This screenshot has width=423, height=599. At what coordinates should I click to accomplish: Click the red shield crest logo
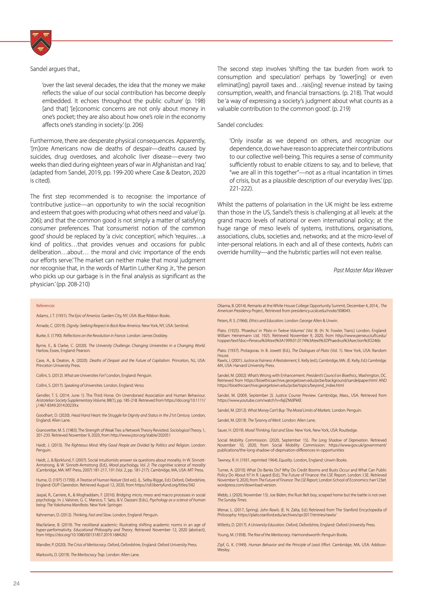[x=41, y=42]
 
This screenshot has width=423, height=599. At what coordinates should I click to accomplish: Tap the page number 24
[x=16, y=583]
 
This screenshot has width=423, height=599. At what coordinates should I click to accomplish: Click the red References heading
[x=45, y=305]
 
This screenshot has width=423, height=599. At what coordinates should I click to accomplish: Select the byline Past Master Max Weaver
[x=363, y=270]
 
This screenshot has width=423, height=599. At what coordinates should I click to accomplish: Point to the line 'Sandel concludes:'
[x=240, y=125]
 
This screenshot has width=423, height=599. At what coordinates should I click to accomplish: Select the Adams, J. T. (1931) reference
[x=103, y=316]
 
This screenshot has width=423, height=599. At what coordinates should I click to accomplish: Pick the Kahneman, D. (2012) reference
[x=97, y=515]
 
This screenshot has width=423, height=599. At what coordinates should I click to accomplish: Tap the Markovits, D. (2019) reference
[x=88, y=555]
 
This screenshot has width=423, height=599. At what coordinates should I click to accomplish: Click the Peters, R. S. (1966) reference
[x=278, y=321]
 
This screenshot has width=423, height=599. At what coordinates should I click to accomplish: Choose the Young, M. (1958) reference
[x=282, y=535]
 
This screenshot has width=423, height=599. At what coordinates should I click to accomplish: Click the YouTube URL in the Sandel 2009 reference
[x=259, y=400]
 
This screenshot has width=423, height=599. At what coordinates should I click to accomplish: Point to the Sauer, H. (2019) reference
[x=287, y=430]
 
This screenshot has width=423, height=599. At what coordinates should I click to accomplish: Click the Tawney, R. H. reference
[x=282, y=460]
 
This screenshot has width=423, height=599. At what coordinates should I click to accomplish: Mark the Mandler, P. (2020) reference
[x=117, y=545]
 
